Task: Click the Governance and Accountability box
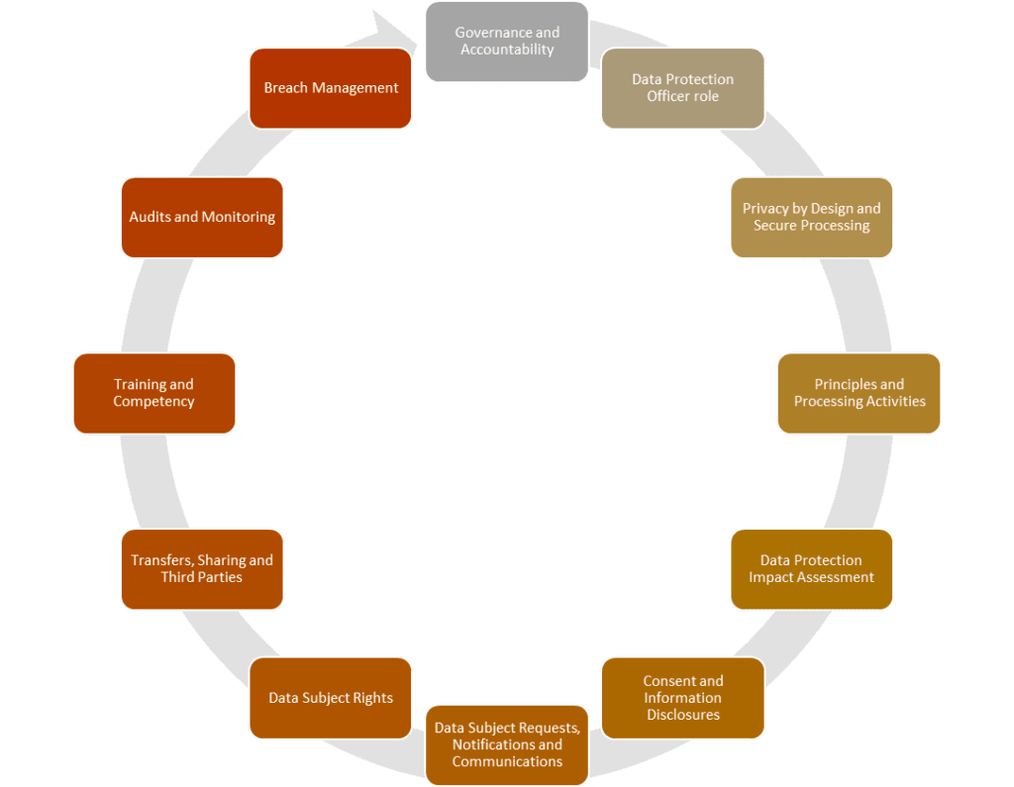click(x=507, y=42)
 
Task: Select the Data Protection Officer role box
click(x=682, y=88)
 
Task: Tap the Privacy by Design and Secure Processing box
click(x=811, y=217)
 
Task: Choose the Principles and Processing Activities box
click(x=859, y=393)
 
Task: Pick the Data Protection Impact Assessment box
click(x=811, y=569)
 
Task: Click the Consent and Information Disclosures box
click(x=682, y=698)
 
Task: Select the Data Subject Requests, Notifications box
click(x=507, y=744)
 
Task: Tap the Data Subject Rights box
click(x=331, y=698)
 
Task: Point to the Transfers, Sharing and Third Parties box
click(x=202, y=569)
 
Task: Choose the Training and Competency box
click(x=153, y=393)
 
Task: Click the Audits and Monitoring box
click(x=202, y=217)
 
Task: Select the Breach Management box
click(x=331, y=88)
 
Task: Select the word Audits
click(x=150, y=217)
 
